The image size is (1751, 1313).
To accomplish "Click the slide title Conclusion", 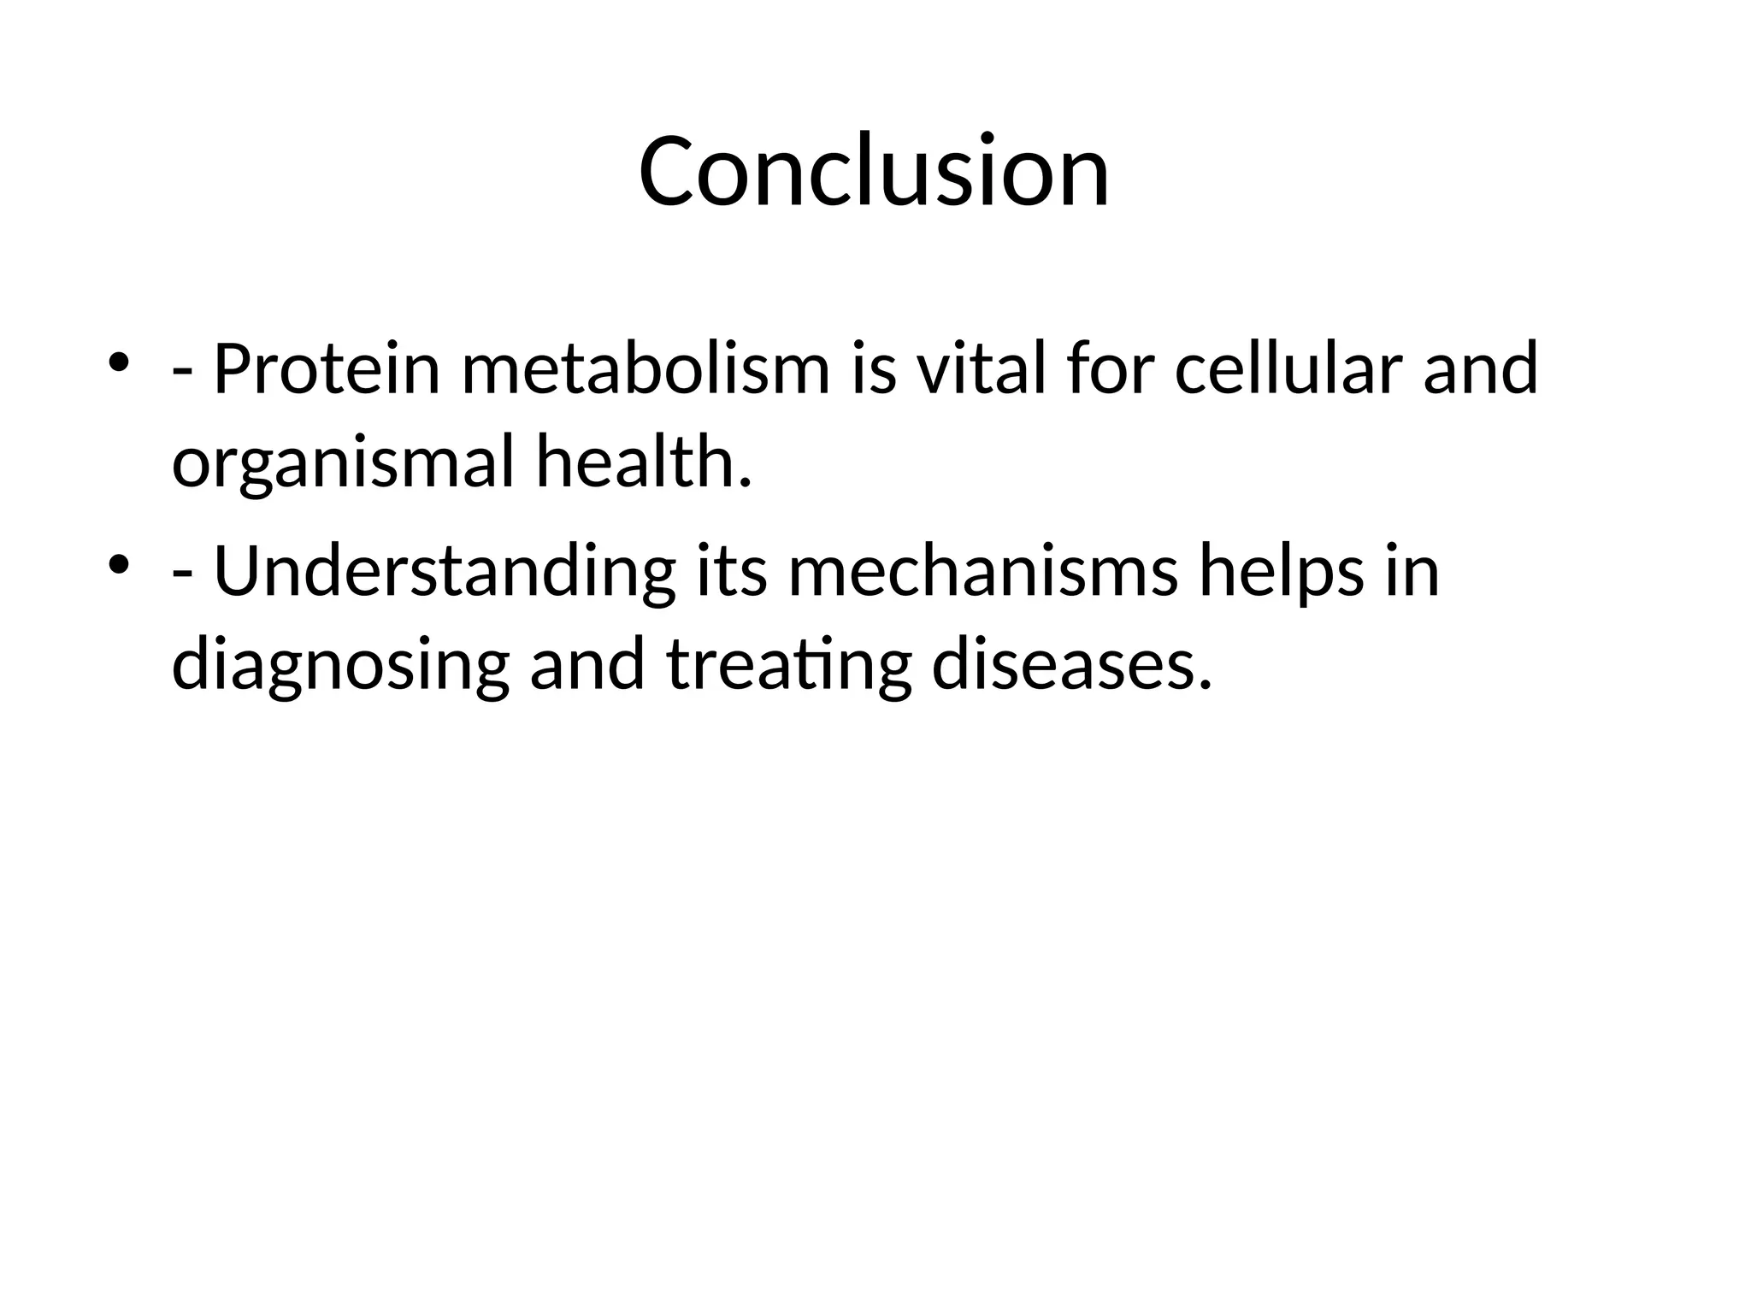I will point(874,171).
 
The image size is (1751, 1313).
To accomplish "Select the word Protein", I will point(326,369).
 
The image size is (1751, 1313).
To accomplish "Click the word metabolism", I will point(646,369).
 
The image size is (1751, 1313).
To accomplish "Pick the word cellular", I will point(1288,369).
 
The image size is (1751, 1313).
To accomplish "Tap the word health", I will point(643,462).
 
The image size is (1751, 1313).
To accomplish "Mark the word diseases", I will point(1071,665).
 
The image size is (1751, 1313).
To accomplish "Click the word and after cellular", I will point(1480,369).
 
